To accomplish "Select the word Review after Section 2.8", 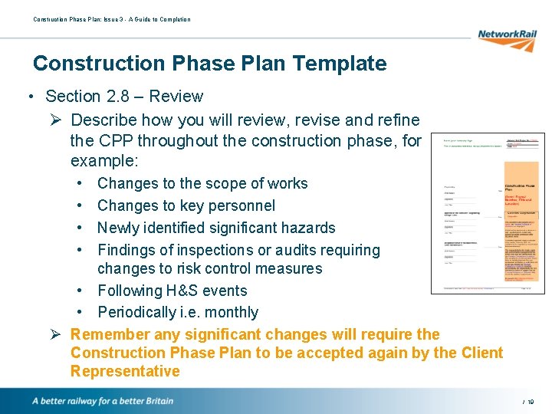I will (x=176, y=97).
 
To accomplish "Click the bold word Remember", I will (x=110, y=334).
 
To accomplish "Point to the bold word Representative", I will (x=125, y=372).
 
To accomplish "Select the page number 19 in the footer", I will (x=530, y=402).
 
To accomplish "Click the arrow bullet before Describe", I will (x=55, y=120).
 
